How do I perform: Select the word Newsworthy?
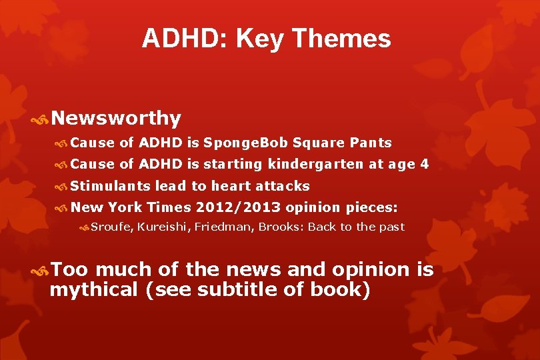[115, 118]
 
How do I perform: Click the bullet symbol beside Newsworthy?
[39, 119]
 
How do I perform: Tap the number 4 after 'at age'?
[424, 164]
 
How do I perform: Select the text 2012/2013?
[238, 207]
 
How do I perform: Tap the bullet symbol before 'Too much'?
[39, 270]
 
